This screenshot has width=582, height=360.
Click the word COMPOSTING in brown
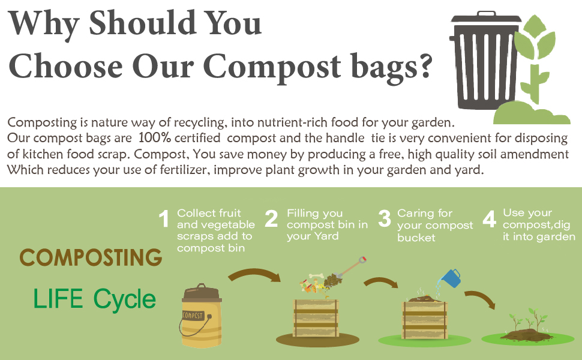click(x=91, y=258)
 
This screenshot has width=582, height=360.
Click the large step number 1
click(x=164, y=220)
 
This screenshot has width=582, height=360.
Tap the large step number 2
click(x=271, y=220)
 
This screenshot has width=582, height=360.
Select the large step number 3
click(x=384, y=220)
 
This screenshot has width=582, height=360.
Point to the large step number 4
click(x=490, y=220)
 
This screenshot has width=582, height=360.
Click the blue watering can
click(x=450, y=278)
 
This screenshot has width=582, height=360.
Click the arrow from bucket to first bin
click(x=254, y=276)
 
